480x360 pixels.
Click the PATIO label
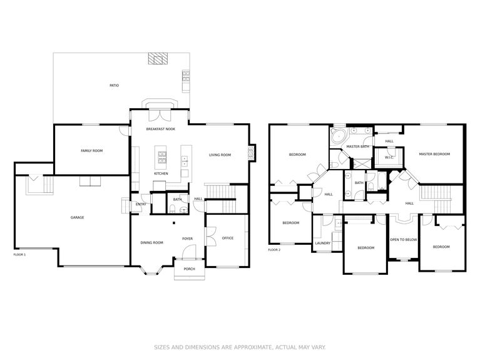114,86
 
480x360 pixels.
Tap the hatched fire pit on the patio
158,58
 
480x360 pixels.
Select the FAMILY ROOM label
92,151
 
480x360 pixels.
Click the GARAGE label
77,217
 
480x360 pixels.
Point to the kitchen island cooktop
162,158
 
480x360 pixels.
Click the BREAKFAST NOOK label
161,129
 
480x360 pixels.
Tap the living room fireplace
252,152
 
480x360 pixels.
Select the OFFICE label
228,238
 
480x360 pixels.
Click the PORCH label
189,269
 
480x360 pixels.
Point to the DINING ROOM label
152,243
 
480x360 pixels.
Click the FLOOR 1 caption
19,255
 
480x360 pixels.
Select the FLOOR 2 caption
274,250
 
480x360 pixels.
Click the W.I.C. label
389,158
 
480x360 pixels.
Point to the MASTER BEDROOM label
434,154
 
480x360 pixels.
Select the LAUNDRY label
323,243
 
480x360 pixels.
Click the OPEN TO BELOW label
404,240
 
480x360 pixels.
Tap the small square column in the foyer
174,223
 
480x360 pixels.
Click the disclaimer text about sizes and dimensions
240,347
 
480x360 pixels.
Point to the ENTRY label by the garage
141,204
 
